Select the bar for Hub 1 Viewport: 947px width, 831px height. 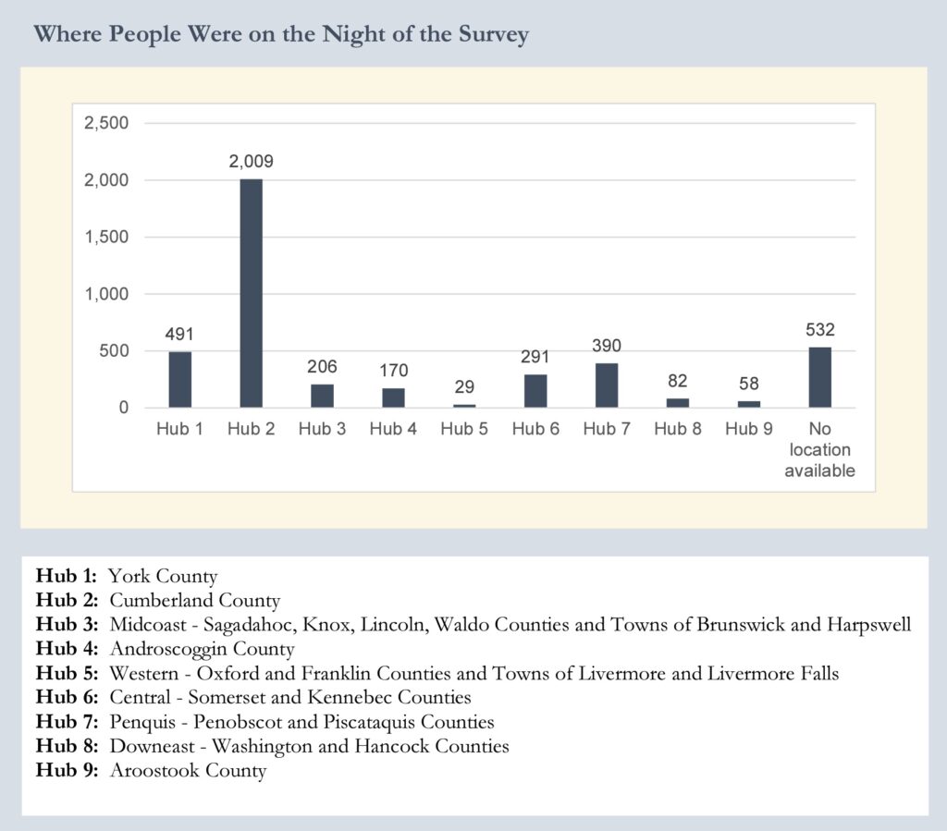(179, 380)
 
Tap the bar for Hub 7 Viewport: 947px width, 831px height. (607, 385)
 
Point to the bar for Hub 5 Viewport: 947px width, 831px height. (464, 405)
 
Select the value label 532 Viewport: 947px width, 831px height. (819, 330)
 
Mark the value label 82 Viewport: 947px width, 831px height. (678, 381)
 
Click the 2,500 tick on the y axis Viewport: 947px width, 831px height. (105, 123)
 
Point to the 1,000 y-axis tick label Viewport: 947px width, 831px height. (107, 294)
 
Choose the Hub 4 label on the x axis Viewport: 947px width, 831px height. (393, 429)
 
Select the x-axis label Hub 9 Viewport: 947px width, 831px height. (749, 429)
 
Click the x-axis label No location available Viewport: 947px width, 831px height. (819, 450)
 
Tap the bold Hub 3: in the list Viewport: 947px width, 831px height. (68, 625)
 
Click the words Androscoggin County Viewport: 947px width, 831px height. (202, 649)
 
